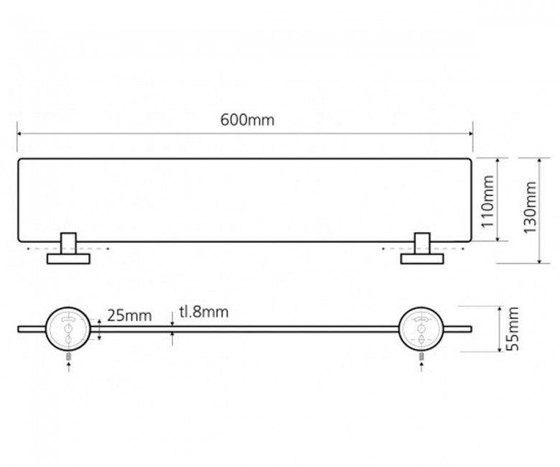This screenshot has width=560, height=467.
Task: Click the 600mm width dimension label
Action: pos(247,120)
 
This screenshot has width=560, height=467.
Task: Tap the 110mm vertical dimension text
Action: pos(488,201)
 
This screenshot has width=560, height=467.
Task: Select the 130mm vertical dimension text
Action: pos(531,208)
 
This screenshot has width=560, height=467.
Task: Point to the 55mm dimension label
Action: pos(513,329)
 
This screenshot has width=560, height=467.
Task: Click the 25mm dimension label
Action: pos(130,315)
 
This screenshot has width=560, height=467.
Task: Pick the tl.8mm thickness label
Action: pos(204,312)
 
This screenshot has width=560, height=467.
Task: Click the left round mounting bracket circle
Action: pos(68,328)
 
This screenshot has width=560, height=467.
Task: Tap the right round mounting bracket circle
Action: pos(421,328)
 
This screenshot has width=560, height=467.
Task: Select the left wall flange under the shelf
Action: pos(68,259)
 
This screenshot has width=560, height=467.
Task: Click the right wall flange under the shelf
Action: pos(422,259)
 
